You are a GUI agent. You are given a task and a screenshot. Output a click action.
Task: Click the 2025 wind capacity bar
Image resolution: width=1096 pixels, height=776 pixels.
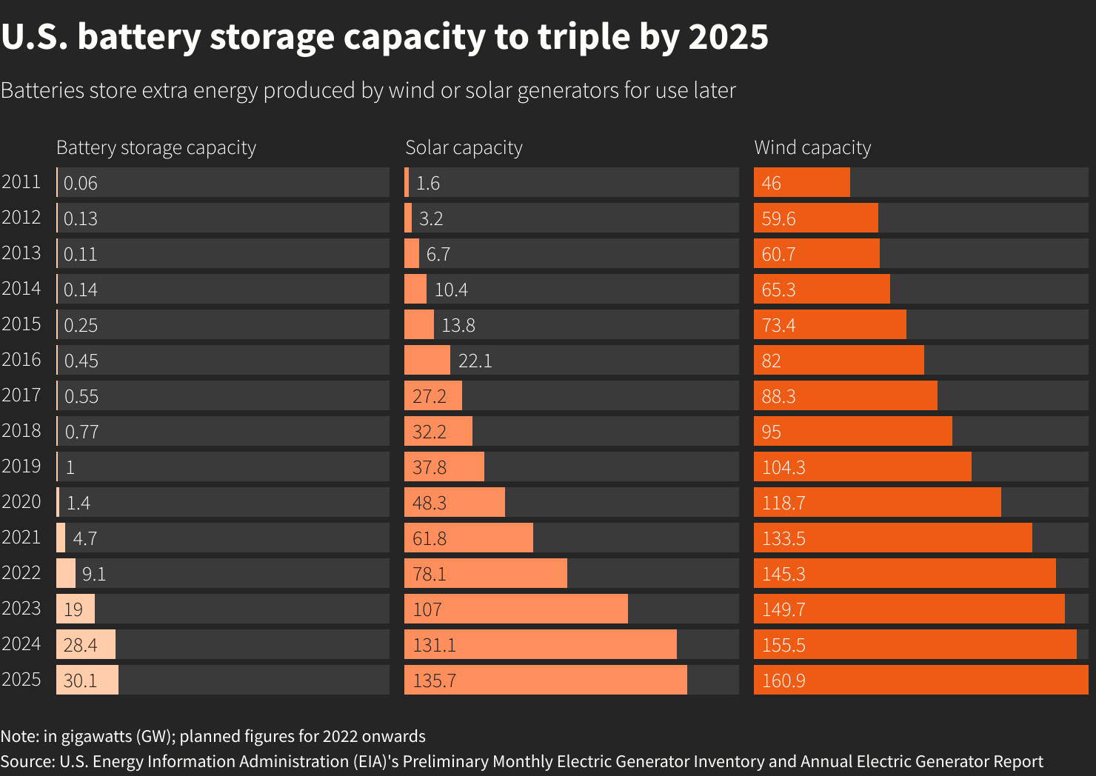[920, 680]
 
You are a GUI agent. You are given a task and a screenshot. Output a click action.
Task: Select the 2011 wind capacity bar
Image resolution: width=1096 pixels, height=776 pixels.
[802, 182]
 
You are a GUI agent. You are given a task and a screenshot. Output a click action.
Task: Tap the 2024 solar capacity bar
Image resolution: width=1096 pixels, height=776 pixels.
[541, 644]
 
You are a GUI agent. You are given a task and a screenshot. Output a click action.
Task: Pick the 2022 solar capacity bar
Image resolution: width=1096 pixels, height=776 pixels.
[486, 573]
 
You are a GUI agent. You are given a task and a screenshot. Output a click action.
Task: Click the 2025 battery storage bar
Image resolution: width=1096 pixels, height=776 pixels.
[87, 680]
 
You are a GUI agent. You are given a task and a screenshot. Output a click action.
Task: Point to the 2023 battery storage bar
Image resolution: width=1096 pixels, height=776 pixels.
[76, 609]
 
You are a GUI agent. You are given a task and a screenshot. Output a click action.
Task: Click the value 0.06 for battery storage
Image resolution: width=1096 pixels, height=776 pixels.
[80, 183]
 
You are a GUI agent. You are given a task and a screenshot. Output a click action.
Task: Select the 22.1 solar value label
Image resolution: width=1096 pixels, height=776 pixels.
[475, 361]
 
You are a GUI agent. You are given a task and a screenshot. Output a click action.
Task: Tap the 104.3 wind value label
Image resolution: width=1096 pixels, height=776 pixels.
[783, 467]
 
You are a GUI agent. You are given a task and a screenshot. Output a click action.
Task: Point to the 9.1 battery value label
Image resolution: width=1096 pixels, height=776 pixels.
[94, 574]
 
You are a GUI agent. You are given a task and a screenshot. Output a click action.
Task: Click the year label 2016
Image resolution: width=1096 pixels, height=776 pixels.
[21, 359]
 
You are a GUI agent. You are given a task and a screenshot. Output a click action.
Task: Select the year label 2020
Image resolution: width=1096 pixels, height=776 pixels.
[21, 501]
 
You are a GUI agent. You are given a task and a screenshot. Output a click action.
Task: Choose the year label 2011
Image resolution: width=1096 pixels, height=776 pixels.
[21, 181]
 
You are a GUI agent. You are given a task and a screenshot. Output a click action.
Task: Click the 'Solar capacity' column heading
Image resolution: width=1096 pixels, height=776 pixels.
[464, 147]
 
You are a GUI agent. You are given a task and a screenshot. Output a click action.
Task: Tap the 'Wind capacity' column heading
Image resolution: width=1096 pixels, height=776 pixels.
[812, 147]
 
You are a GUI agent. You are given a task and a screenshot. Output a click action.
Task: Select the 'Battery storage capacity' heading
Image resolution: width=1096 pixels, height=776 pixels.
[156, 147]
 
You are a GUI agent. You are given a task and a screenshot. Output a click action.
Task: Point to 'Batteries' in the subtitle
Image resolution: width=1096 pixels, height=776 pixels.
[42, 90]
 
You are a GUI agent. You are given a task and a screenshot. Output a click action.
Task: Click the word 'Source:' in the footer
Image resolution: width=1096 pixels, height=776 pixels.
[27, 761]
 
